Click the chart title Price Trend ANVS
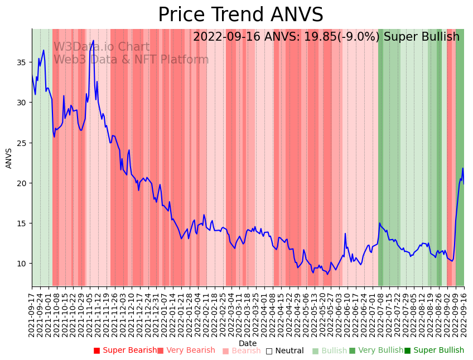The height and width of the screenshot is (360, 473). pos(240,15)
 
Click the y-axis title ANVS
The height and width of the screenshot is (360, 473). pos(9,158)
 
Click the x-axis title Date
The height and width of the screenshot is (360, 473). pos(248,343)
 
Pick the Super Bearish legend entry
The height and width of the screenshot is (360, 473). pos(126,351)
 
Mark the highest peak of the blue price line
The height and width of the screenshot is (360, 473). pos(94,41)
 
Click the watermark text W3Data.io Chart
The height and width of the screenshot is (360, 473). pos(101,47)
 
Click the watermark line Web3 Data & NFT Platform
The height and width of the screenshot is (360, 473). pos(131,60)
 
